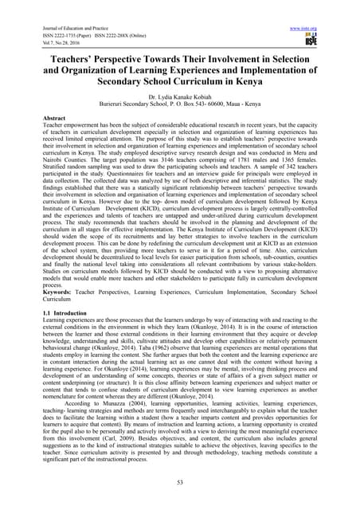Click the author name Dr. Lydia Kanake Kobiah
180,94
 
